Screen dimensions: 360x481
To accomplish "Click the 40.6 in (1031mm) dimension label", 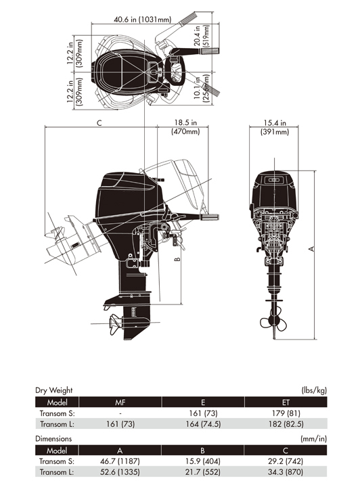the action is [x=142, y=20].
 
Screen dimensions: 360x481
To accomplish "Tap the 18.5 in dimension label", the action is [x=185, y=122].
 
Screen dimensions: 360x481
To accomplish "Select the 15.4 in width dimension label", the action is [x=275, y=122].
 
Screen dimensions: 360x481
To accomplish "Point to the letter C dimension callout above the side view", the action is [x=99, y=123].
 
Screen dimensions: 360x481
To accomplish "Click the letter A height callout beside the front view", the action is [x=311, y=248].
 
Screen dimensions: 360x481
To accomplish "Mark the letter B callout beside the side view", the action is [x=177, y=259].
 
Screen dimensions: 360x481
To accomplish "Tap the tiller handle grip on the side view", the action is [x=210, y=217].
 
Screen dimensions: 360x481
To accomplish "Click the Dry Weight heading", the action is [x=54, y=390].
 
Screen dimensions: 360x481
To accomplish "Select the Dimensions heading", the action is [x=53, y=438].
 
